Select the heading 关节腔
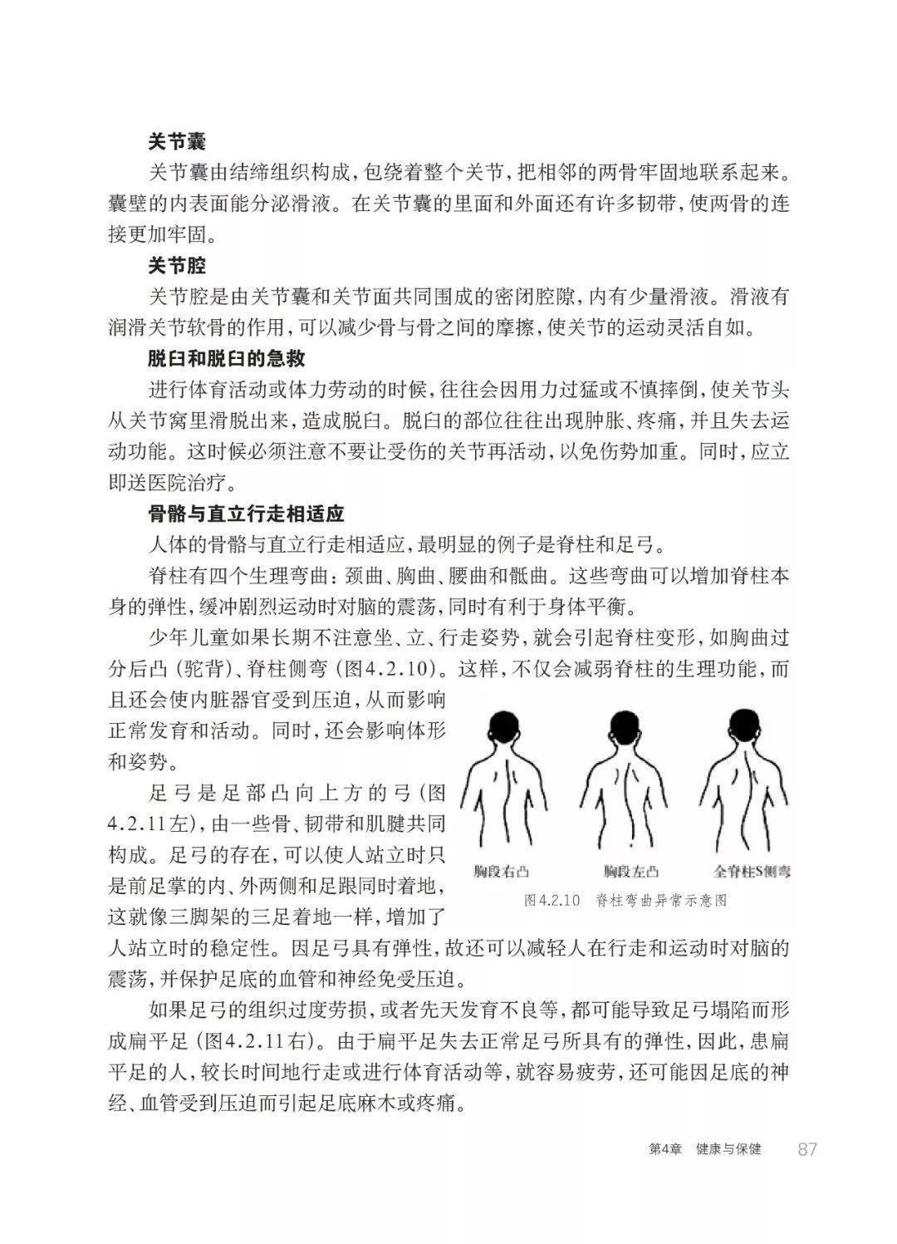177,266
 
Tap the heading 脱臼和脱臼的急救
227,359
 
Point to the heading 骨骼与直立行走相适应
246,514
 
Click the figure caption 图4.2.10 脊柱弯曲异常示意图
626,900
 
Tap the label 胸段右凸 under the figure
502,872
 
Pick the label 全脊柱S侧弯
752,872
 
